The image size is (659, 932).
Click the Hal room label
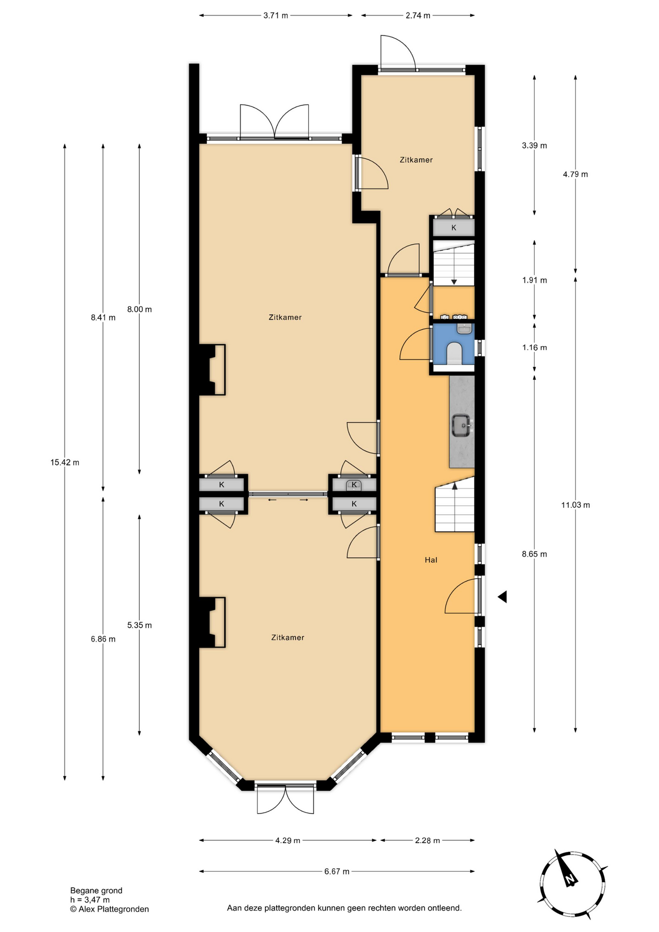(431, 560)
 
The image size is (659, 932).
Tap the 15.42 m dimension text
(65, 462)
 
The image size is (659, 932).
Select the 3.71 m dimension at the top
(276, 16)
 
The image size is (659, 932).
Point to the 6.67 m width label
(337, 871)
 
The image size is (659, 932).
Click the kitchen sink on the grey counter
(462, 426)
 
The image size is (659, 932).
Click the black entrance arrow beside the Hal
(502, 597)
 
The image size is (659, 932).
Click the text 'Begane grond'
(96, 890)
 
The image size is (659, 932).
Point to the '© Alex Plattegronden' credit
(109, 909)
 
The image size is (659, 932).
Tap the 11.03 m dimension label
(576, 505)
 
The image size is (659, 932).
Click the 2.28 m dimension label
(428, 840)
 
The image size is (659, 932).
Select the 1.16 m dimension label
(534, 348)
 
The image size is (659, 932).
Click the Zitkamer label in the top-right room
(416, 160)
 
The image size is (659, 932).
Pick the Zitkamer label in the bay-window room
(288, 637)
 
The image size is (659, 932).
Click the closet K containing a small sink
(354, 484)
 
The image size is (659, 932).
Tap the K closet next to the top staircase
(454, 227)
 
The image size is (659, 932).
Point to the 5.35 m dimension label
(139, 625)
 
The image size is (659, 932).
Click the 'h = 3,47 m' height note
(90, 900)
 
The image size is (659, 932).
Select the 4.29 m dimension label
(288, 840)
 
